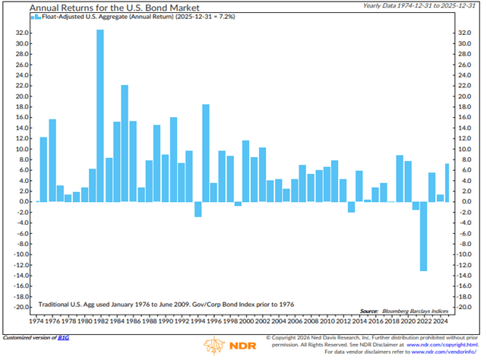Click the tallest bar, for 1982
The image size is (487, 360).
pos(100,114)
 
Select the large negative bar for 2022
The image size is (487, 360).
pos(423,235)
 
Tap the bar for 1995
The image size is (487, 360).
pos(205,152)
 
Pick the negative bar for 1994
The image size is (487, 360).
pos(198,209)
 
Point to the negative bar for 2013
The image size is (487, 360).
pos(351,207)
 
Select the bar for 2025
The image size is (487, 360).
pos(447,182)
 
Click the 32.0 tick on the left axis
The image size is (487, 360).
pos(20,33)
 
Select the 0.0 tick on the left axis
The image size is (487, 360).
pos(21,201)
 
